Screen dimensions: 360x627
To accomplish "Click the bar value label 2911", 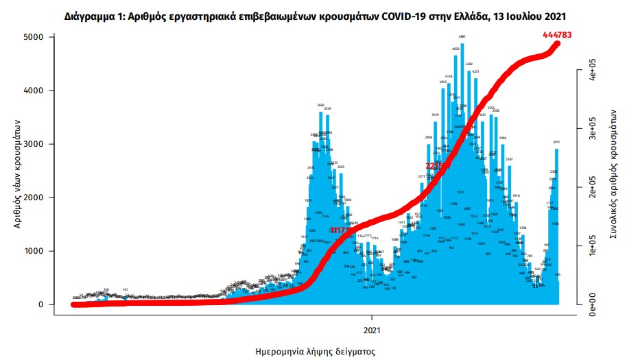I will tap(557, 142).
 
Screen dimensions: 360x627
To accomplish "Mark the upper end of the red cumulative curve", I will tap(558, 44).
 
